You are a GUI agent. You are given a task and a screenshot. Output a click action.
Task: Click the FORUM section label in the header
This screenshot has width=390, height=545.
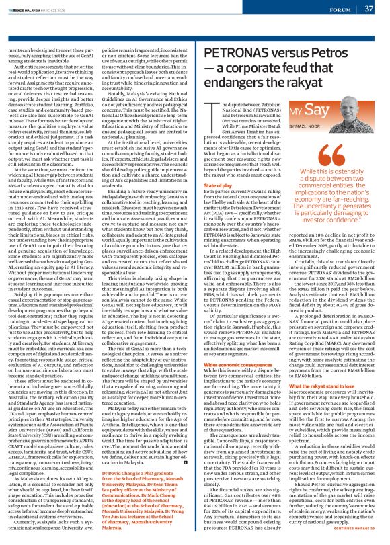click(x=340, y=9)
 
